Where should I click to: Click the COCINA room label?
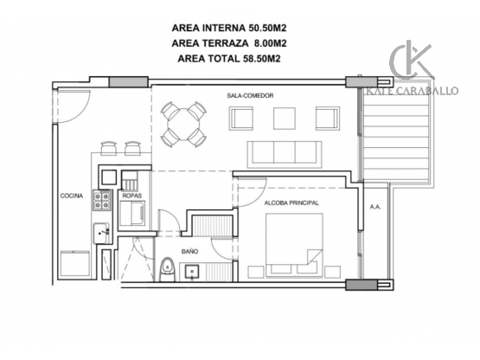(71, 196)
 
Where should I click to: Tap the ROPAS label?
(132, 196)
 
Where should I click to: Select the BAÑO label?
(189, 252)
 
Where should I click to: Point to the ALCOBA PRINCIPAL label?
(291, 202)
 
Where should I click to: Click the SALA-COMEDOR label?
(250, 95)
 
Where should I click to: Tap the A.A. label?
(375, 207)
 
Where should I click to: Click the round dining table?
(183, 125)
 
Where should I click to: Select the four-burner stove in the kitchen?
(102, 201)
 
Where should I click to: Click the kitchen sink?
(102, 233)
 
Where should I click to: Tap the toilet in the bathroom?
(168, 269)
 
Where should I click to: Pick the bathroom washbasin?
(192, 272)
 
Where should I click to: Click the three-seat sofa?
(285, 154)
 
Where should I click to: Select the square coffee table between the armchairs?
(285, 119)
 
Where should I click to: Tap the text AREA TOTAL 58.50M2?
(229, 58)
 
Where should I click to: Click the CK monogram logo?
(412, 61)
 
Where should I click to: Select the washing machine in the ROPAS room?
(132, 213)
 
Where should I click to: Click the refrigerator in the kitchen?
(75, 263)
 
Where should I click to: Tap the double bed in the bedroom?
(294, 245)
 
